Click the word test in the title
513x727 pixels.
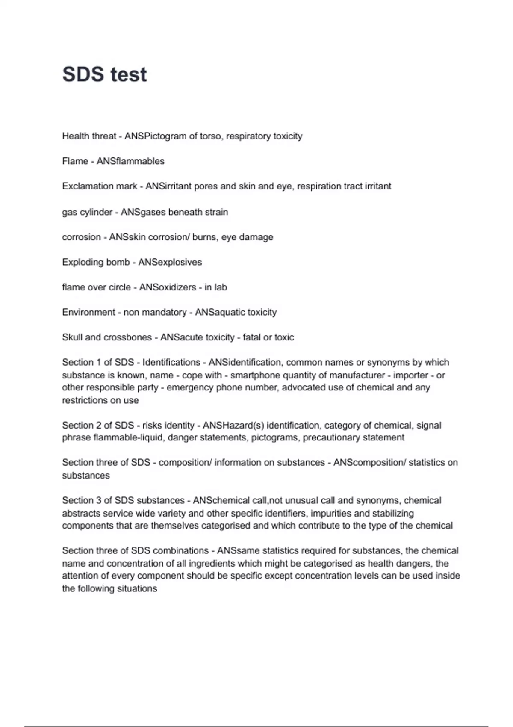click(129, 74)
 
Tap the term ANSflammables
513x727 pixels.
click(130, 161)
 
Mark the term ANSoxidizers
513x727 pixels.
click(168, 287)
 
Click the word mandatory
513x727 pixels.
click(164, 312)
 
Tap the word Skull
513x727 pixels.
click(72, 337)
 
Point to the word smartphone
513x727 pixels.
click(255, 375)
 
